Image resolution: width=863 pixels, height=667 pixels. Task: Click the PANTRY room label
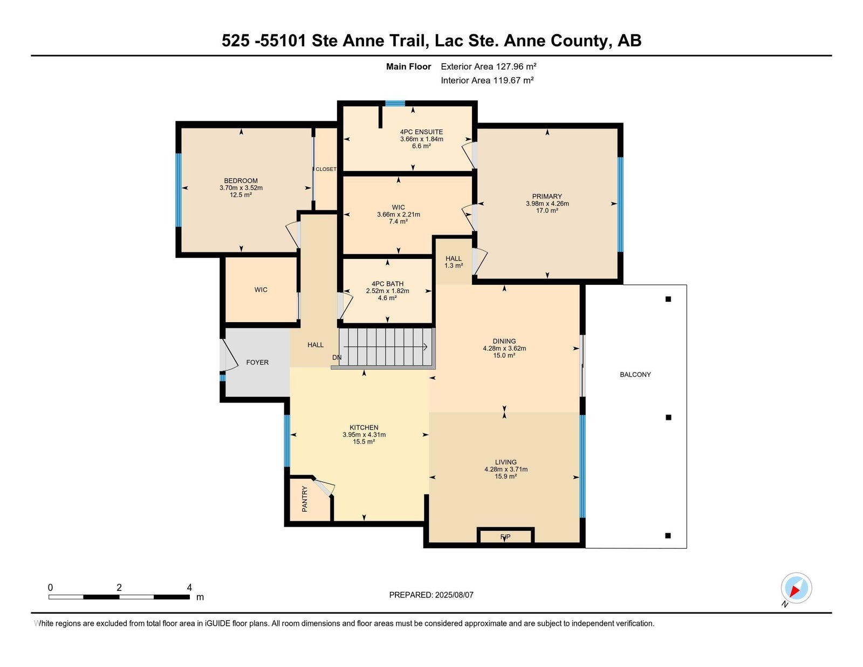304,499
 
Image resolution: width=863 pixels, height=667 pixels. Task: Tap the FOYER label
257,362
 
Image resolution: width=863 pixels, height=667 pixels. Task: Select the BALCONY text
635,374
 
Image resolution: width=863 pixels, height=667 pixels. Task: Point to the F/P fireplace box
505,536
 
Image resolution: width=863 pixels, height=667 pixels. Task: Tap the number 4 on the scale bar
189,587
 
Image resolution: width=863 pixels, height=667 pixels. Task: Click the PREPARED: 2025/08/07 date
432,595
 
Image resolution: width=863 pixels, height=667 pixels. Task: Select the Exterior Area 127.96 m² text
489,66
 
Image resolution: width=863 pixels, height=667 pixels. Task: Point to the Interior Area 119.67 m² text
487,80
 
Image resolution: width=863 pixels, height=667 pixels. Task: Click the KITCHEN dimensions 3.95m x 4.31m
364,434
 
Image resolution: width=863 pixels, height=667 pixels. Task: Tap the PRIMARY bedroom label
547,196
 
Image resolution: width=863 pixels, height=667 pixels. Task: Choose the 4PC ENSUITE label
421,132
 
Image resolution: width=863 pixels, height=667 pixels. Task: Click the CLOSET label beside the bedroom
326,169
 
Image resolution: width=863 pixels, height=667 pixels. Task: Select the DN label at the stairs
337,358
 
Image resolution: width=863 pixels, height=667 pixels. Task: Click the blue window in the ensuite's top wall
395,104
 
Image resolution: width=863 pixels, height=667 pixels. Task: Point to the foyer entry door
229,355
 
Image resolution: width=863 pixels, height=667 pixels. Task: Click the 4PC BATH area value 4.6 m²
387,298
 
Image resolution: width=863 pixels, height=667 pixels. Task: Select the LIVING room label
506,462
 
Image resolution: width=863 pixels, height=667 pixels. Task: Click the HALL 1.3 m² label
454,262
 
